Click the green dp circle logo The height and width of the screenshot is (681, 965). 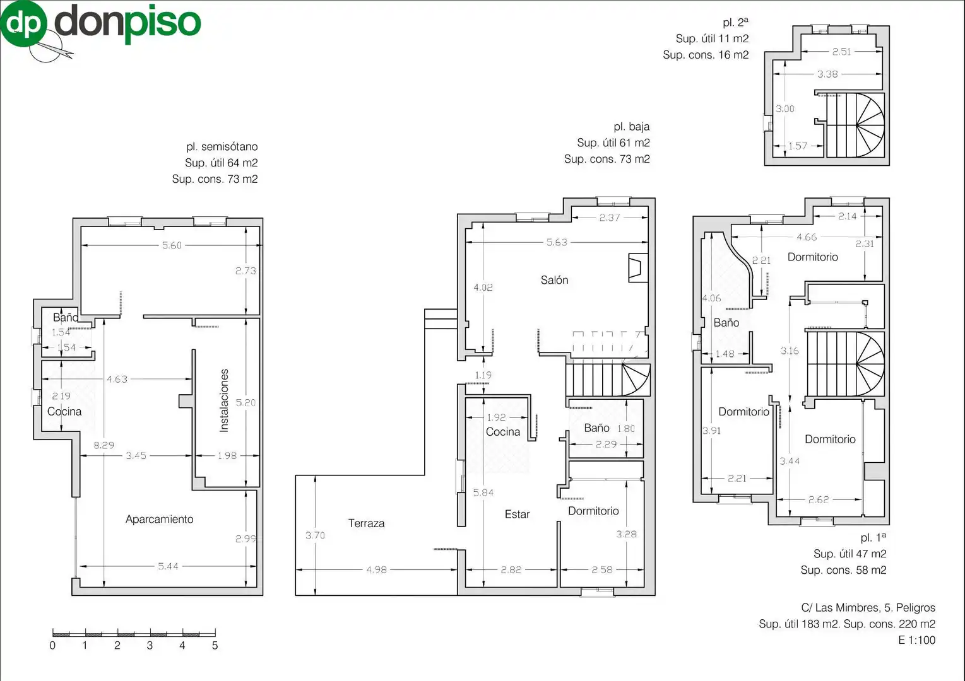pos(24,24)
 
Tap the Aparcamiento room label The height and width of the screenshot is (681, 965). pos(160,519)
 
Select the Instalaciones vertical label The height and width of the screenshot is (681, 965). pos(223,400)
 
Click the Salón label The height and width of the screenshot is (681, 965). pos(554,280)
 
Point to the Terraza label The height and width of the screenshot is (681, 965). pos(366,523)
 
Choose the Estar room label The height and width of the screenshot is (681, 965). pos(517,514)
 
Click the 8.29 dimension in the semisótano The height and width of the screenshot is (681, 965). pos(104,445)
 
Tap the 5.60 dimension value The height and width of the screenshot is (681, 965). pos(172,245)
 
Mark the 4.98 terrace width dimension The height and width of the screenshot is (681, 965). pos(377,569)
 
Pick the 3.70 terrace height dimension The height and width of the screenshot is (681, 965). pos(316,535)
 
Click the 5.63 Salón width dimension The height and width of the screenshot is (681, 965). pos(557,242)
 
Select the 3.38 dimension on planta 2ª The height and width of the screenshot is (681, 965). pos(827,74)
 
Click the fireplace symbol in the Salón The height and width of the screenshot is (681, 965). pos(638,268)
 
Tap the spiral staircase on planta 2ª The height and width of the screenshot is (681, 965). pos(855,125)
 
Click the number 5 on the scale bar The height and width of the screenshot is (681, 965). pos(215,645)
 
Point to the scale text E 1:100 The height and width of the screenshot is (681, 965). pos(917,640)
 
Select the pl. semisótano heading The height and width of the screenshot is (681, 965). pos(222,146)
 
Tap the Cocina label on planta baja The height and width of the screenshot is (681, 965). pos(503,432)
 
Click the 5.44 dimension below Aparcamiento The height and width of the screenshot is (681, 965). pos(168,566)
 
